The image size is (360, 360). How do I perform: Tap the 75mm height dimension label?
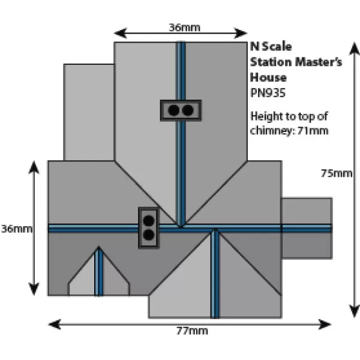pos(336,173)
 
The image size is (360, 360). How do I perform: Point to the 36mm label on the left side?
pos(16,229)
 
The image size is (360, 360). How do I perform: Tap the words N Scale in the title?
pos(266,48)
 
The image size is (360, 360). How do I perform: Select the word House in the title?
pos(268,77)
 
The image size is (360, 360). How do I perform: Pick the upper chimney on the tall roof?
pos(181,110)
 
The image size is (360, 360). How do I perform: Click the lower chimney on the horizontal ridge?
pos(148,227)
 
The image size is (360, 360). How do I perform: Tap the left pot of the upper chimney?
pos(173,110)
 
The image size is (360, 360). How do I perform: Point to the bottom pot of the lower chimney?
pos(148,235)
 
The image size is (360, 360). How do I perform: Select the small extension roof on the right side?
pos(307,228)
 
